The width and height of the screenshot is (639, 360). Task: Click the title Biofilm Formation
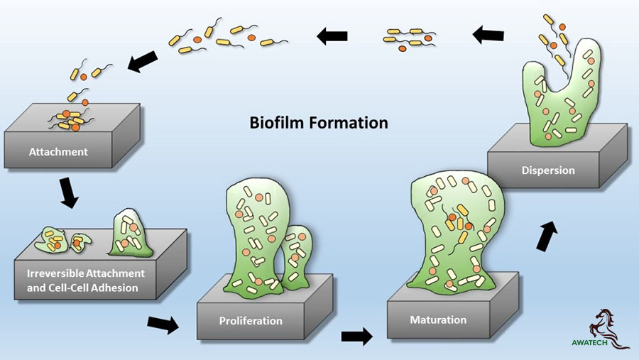click(319, 123)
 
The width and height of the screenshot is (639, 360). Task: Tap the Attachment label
click(58, 152)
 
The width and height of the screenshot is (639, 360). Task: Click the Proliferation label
click(251, 321)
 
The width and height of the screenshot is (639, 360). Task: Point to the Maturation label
click(438, 320)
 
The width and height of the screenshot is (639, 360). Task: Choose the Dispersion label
click(548, 170)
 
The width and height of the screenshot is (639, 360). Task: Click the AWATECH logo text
click(589, 342)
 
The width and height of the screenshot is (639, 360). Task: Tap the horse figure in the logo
click(610, 326)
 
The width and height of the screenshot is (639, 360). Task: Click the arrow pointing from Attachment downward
click(68, 193)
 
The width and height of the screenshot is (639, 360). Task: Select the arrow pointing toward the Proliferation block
click(163, 324)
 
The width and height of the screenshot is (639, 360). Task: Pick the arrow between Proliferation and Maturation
click(357, 337)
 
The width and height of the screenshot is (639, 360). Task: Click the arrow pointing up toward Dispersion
click(547, 236)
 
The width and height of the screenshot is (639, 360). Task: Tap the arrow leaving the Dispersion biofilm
click(488, 35)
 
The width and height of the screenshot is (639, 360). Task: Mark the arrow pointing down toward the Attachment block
click(143, 62)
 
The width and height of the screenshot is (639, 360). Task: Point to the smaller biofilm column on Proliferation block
click(297, 258)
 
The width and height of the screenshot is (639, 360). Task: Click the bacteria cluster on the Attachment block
click(70, 120)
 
